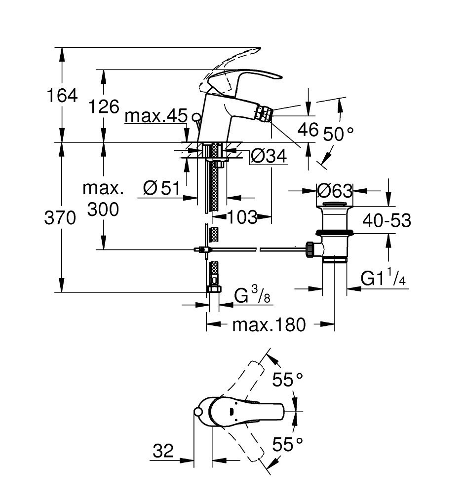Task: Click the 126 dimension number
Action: [x=104, y=106]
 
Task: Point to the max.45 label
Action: [x=156, y=116]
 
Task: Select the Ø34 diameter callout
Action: [x=269, y=156]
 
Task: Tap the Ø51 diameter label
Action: [x=161, y=188]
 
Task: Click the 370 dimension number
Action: [x=60, y=217]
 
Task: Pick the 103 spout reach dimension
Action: [x=242, y=216]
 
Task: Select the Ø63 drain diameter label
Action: [x=335, y=190]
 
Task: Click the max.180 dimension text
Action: [x=269, y=324]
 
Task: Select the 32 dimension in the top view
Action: [x=163, y=451]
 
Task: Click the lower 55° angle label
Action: [x=287, y=444]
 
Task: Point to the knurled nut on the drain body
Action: [x=310, y=249]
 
